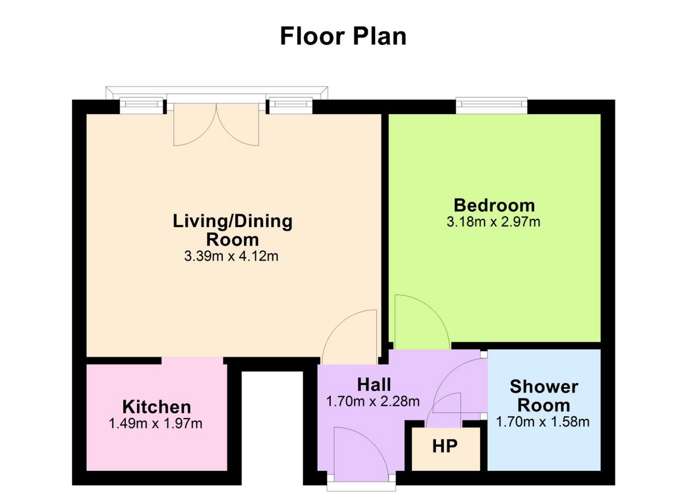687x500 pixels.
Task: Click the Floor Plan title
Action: tap(343, 36)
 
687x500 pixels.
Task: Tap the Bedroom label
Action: tap(494, 205)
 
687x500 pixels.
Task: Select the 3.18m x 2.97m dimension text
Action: tap(493, 222)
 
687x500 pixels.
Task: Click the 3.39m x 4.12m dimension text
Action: tap(231, 256)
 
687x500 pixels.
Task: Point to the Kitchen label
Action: tap(157, 407)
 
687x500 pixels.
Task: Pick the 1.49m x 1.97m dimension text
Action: tap(156, 424)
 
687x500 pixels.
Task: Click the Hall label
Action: tap(374, 385)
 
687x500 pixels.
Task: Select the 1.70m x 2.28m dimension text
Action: tap(373, 401)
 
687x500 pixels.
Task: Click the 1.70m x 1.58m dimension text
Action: tap(543, 422)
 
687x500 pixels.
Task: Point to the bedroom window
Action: tap(492, 106)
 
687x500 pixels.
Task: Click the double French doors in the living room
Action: tap(216, 124)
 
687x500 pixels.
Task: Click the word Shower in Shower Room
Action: tap(544, 387)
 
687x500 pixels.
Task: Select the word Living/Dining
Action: tap(233, 222)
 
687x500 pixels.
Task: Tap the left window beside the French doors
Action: tap(141, 106)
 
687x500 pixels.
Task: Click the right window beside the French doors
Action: tap(291, 106)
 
